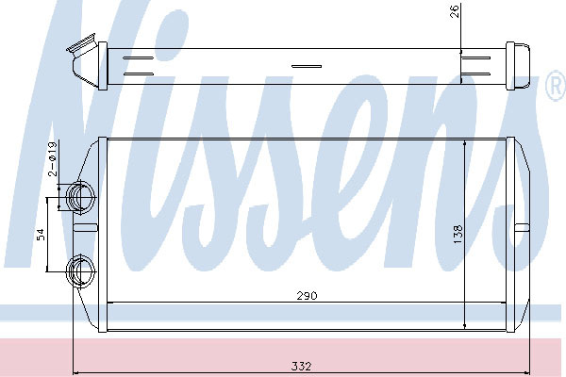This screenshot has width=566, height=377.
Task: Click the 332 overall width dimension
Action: [x=301, y=367]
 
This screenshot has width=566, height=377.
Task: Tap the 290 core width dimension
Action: [x=307, y=296]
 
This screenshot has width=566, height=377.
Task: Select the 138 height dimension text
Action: [x=458, y=234]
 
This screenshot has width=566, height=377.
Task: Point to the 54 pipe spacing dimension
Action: [x=42, y=235]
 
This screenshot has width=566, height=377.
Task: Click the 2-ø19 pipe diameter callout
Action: [x=53, y=158]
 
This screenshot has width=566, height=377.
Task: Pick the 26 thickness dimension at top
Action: [x=455, y=11]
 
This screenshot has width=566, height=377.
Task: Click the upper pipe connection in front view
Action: [x=80, y=197]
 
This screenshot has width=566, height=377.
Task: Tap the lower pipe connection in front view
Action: [x=80, y=270]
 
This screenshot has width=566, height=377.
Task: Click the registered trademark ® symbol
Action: [x=557, y=85]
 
